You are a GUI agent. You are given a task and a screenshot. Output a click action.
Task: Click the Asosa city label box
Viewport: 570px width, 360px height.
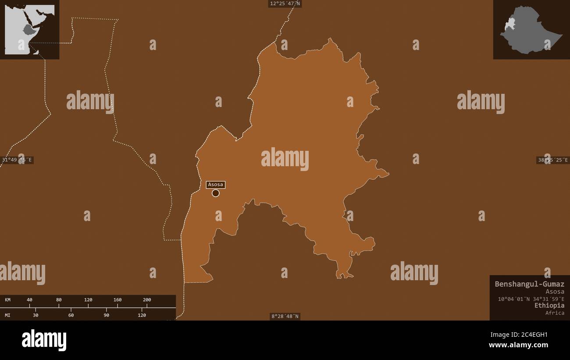[215, 185]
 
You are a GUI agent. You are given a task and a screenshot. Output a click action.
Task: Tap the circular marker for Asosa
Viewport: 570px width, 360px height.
[215, 193]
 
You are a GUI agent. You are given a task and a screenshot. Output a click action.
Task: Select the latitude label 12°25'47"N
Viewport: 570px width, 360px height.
[285, 4]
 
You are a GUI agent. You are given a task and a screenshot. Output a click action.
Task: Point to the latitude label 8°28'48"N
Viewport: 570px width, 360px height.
[285, 316]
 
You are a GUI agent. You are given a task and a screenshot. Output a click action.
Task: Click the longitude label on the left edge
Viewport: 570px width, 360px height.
[17, 160]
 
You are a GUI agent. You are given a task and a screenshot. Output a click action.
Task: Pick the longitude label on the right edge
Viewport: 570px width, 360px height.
[552, 160]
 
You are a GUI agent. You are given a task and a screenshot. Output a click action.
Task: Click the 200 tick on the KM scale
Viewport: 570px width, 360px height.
[147, 300]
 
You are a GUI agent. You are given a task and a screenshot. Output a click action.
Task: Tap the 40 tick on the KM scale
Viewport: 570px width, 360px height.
[29, 300]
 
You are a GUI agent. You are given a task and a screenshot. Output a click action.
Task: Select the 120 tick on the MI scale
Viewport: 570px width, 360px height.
[142, 315]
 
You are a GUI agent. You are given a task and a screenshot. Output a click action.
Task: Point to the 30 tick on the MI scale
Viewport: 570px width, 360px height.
[36, 315]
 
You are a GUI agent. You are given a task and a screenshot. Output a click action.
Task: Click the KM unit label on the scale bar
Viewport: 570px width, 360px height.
[8, 300]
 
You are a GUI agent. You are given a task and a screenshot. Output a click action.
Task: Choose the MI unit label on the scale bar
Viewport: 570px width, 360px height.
[8, 315]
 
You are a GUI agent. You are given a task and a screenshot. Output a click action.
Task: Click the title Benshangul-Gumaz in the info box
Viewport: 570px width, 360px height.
[529, 284]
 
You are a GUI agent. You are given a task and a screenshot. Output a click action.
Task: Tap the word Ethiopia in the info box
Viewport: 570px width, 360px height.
[549, 305]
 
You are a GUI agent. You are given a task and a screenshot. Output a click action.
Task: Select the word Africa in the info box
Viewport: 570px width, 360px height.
[555, 313]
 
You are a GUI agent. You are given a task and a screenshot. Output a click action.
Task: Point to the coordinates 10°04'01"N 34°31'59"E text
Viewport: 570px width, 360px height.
[531, 299]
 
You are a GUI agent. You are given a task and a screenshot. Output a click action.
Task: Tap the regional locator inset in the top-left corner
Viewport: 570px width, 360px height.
[29, 29]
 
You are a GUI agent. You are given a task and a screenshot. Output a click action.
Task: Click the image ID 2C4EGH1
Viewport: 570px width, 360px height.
[531, 335]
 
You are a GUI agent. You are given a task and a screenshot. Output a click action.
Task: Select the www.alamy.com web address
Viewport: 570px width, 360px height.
[518, 345]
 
